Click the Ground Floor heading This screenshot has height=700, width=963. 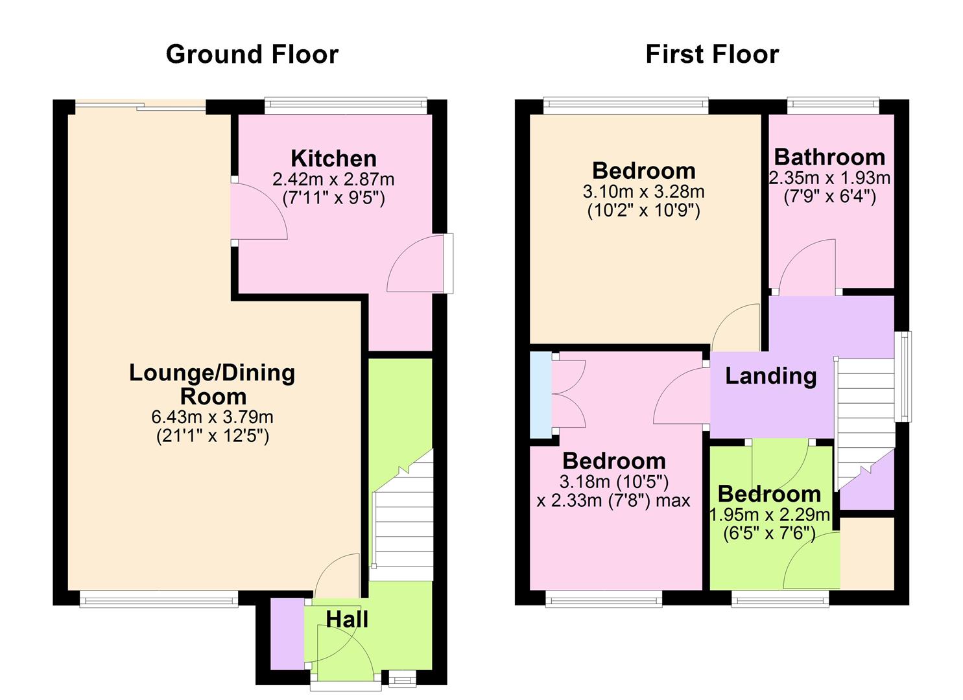252,54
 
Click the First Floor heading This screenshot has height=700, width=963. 712,54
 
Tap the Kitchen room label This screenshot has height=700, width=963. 333,158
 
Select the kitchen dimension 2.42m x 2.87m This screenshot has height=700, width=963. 333,179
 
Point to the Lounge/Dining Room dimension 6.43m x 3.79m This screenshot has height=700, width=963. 212,417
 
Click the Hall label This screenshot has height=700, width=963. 347,619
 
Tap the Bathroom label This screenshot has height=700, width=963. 829,157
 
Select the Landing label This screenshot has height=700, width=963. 770,376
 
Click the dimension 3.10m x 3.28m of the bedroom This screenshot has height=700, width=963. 643,192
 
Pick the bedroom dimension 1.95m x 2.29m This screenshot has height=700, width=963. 770,515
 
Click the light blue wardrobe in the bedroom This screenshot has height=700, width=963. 540,394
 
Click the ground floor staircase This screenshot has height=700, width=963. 402,519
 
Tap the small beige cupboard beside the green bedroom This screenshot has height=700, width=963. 867,553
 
